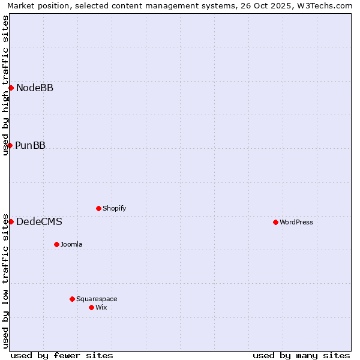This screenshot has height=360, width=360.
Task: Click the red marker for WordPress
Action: [275, 222]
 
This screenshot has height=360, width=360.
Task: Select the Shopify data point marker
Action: [98, 208]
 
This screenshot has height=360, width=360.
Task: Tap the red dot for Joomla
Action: [56, 244]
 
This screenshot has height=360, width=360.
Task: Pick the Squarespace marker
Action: [72, 299]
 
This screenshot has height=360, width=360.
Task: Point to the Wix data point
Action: [91, 307]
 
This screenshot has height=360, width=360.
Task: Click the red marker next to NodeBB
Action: [11, 88]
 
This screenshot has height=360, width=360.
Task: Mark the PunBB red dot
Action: [10, 145]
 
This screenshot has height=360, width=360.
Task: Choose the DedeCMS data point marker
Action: [11, 221]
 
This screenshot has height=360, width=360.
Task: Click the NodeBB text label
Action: [35, 88]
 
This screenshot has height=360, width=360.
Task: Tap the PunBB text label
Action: [31, 146]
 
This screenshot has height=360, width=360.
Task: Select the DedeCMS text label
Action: [39, 222]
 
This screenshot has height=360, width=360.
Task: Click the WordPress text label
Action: [296, 223]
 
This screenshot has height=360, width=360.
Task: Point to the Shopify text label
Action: [115, 209]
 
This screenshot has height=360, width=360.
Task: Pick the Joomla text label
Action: [71, 245]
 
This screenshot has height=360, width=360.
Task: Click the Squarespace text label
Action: [97, 299]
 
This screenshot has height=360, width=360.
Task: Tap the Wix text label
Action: [101, 308]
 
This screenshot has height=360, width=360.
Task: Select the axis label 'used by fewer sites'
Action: [62, 355]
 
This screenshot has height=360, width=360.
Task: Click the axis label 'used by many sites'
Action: [301, 355]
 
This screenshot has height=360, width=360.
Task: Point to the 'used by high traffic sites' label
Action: [6, 85]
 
